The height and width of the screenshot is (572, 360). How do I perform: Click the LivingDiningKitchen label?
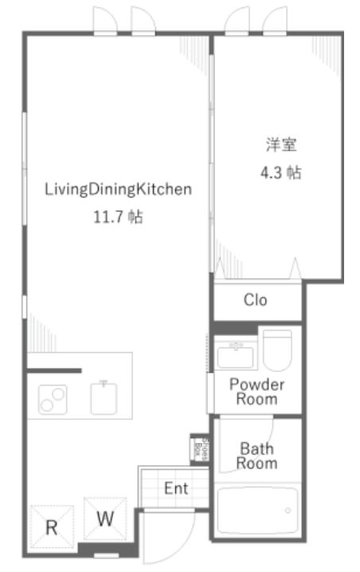(118, 190)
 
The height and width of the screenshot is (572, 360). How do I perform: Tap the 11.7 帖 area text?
(118, 217)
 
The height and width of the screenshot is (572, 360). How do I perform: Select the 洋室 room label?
(281, 145)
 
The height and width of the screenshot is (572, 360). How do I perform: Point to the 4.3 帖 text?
(281, 172)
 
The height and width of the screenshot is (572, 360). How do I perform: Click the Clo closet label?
(256, 300)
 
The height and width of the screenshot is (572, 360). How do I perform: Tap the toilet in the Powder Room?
(277, 351)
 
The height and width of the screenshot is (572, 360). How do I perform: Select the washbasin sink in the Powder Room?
(235, 355)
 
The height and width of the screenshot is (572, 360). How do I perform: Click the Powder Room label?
(256, 391)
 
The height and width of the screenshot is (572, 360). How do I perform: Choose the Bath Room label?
(256, 456)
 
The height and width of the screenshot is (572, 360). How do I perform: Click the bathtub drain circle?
(288, 511)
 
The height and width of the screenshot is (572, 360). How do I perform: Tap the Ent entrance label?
(176, 488)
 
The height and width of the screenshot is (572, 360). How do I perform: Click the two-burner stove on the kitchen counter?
(53, 400)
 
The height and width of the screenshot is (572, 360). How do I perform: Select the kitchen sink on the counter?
(104, 398)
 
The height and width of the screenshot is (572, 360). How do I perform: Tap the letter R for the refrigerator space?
(52, 528)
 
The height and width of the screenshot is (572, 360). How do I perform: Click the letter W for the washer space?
(105, 519)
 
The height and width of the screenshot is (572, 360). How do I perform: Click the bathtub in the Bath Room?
(257, 511)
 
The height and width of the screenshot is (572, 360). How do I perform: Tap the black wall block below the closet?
(235, 328)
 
